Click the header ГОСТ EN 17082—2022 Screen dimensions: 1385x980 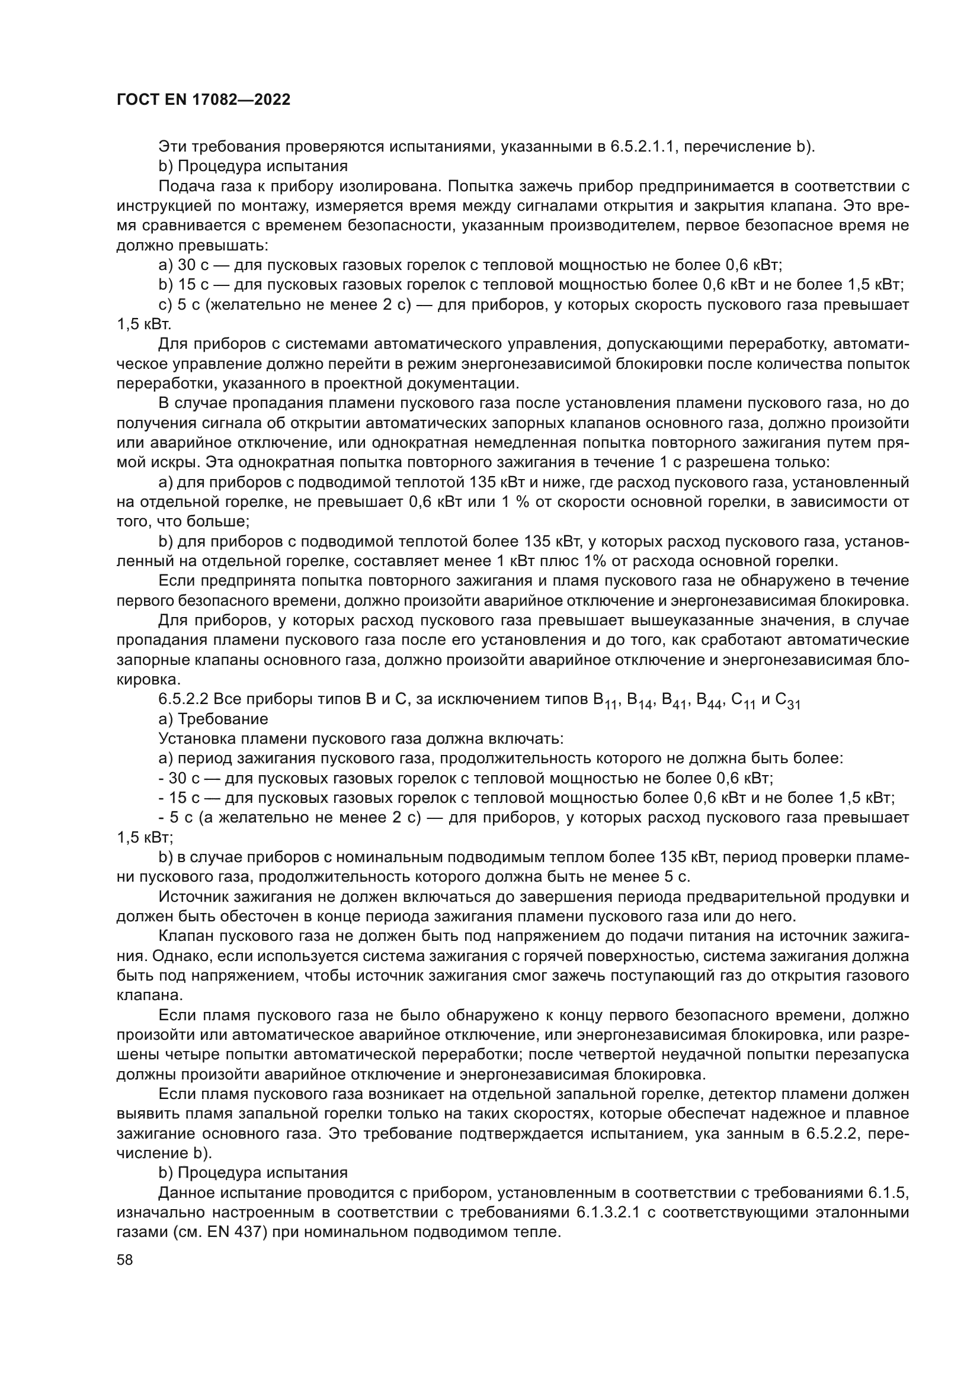click(x=203, y=100)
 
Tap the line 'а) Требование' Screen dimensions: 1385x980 click(x=213, y=719)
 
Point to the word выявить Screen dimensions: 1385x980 click(x=142, y=1114)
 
